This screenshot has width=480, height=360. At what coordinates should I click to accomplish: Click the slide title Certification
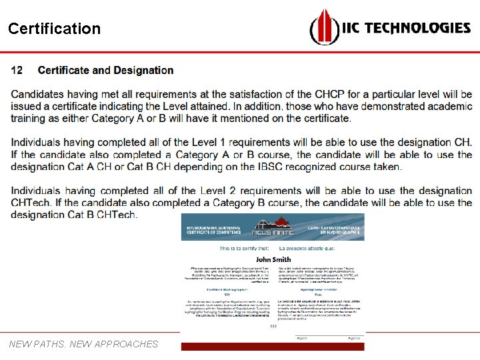(54, 29)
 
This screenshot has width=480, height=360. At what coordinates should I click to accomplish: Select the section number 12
(17, 71)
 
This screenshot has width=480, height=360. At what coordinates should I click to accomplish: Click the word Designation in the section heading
(143, 71)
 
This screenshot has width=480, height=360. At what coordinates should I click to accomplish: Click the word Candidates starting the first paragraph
(41, 95)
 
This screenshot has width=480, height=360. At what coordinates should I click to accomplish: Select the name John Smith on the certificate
(273, 259)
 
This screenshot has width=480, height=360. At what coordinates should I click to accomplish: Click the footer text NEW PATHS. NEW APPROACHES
(83, 344)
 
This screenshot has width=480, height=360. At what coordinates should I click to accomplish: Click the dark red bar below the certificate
(273, 347)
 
